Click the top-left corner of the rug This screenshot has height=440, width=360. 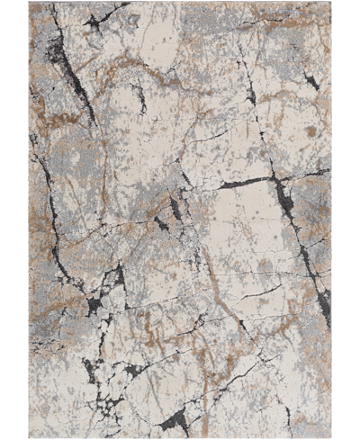(x=30, y=3)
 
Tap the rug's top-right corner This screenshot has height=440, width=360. (x=330, y=3)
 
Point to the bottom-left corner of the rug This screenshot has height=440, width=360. (x=30, y=437)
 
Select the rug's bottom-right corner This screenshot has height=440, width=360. (x=330, y=437)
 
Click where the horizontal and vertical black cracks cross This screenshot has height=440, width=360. (x=278, y=180)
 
